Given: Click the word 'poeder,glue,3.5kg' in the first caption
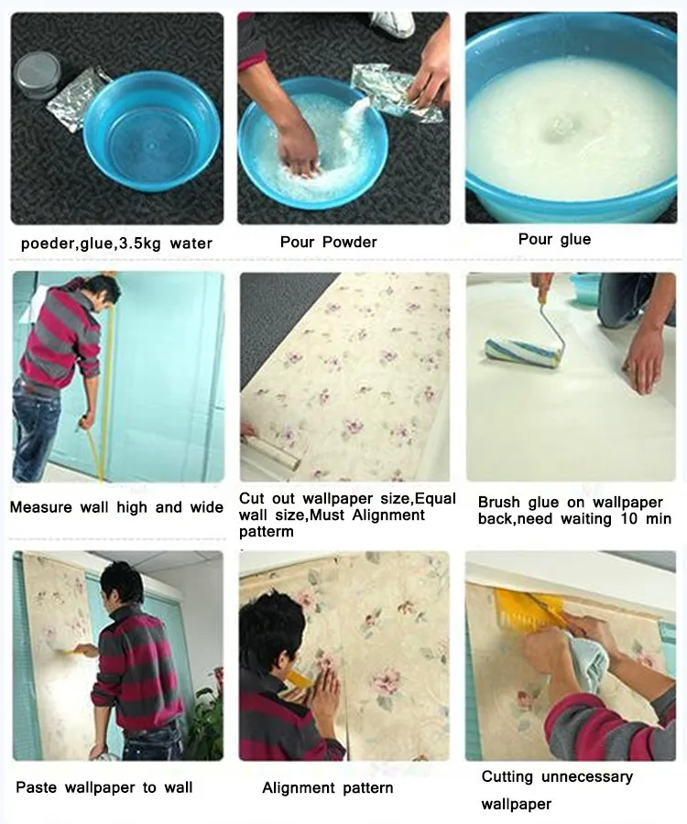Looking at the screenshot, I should pyautogui.click(x=78, y=244).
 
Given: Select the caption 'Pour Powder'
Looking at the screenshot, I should pyautogui.click(x=328, y=243).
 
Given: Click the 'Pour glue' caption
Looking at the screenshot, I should pyautogui.click(x=554, y=239).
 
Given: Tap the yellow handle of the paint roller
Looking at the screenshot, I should pyautogui.click(x=546, y=301).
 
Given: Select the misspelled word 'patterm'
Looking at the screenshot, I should pyautogui.click(x=268, y=531).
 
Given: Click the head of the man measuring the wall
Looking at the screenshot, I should pyautogui.click(x=104, y=292).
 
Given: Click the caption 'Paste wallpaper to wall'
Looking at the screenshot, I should pyautogui.click(x=104, y=787).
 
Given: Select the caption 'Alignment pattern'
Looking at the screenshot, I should pyautogui.click(x=327, y=787).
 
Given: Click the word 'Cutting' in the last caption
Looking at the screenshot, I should pyautogui.click(x=507, y=776).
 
